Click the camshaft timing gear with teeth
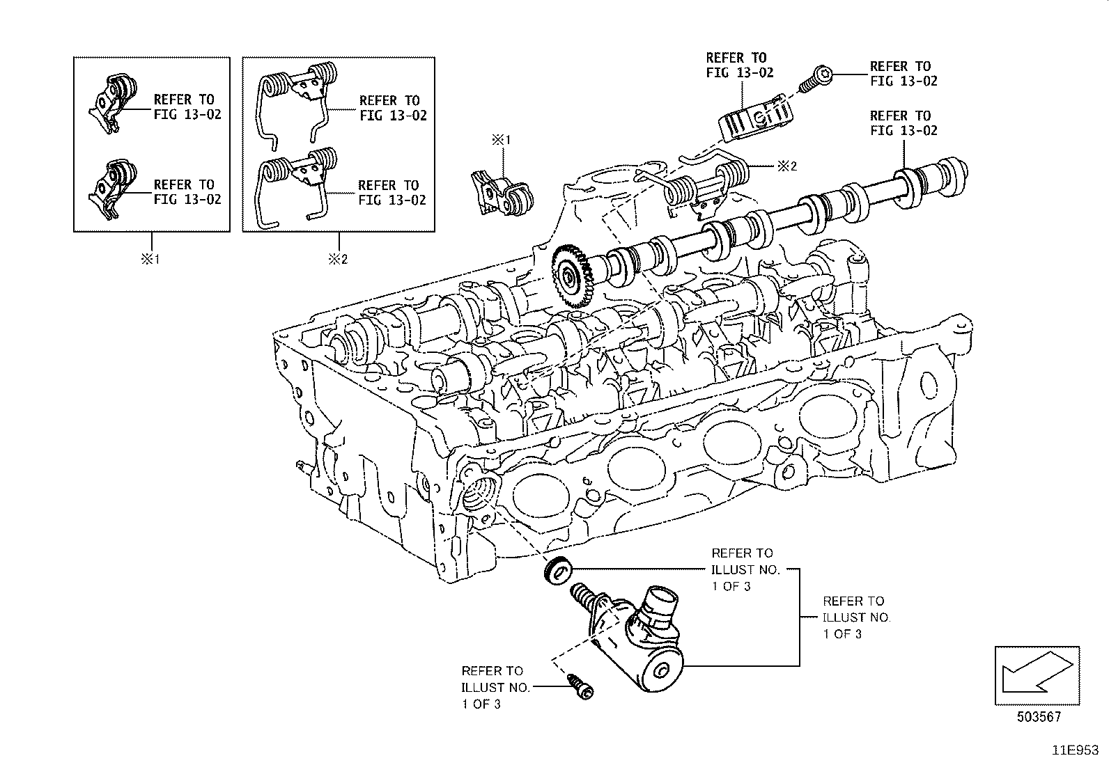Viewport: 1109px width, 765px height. pyautogui.click(x=572, y=276)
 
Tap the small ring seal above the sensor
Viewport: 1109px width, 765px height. pyautogui.click(x=558, y=571)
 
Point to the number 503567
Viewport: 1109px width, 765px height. pyautogui.click(x=1038, y=717)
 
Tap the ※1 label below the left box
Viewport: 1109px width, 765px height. pyautogui.click(x=150, y=260)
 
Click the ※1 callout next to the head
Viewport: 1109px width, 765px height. pyautogui.click(x=502, y=140)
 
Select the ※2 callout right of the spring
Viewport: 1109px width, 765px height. pyautogui.click(x=786, y=166)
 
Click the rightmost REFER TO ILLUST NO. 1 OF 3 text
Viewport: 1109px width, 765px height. pyautogui.click(x=855, y=617)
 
